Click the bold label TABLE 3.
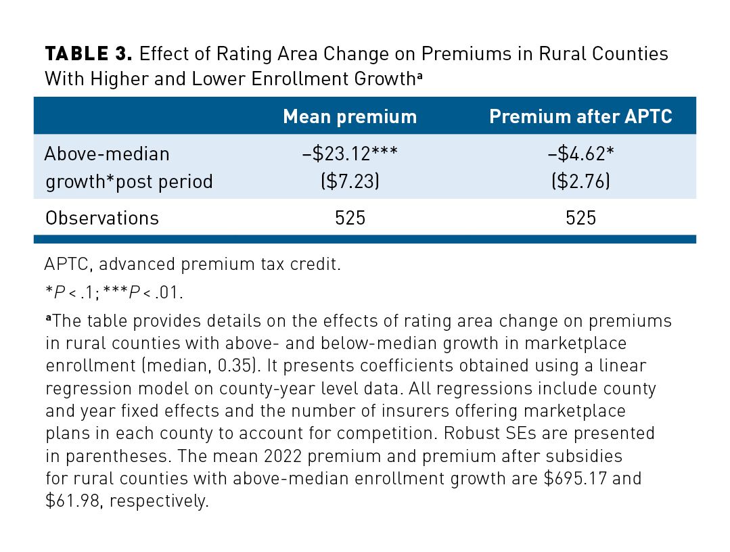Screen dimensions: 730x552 click(89, 54)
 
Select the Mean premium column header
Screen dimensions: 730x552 click(350, 116)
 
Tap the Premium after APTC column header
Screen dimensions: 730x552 click(580, 116)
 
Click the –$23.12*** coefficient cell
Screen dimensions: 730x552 click(350, 153)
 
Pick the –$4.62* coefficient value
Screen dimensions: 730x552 click(580, 153)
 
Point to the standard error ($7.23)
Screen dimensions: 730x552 click(350, 181)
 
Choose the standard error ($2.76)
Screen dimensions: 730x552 click(580, 181)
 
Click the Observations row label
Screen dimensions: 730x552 click(102, 218)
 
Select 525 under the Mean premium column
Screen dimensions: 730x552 click(350, 218)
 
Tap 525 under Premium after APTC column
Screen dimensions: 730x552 click(580, 218)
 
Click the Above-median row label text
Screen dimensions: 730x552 click(107, 154)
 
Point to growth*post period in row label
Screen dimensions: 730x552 click(129, 181)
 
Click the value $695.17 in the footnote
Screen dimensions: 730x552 click(575, 478)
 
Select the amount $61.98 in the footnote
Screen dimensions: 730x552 click(73, 501)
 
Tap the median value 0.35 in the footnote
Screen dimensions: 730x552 click(237, 365)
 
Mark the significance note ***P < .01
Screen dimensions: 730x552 click(143, 292)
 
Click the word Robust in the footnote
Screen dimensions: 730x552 click(470, 433)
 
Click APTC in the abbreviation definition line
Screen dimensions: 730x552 click(64, 264)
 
